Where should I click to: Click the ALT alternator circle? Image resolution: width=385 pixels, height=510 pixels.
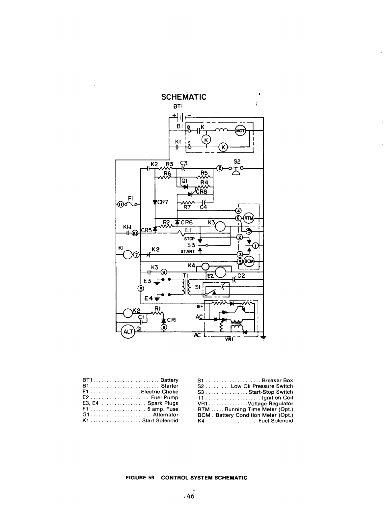click(x=127, y=332)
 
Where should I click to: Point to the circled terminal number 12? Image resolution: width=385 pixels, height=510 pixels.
click(x=220, y=169)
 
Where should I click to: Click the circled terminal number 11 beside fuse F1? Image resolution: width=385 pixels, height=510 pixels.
click(x=121, y=205)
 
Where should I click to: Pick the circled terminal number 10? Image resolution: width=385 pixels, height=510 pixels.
click(x=135, y=233)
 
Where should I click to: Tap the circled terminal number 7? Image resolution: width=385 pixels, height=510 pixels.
click(x=136, y=254)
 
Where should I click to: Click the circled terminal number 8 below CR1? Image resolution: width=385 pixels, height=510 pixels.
click(x=164, y=327)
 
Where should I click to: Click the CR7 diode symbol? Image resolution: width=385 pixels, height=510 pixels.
click(x=155, y=202)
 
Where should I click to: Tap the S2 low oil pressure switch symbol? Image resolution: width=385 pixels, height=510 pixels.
click(x=235, y=170)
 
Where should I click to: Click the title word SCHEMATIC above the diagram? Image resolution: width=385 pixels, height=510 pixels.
click(x=184, y=97)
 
